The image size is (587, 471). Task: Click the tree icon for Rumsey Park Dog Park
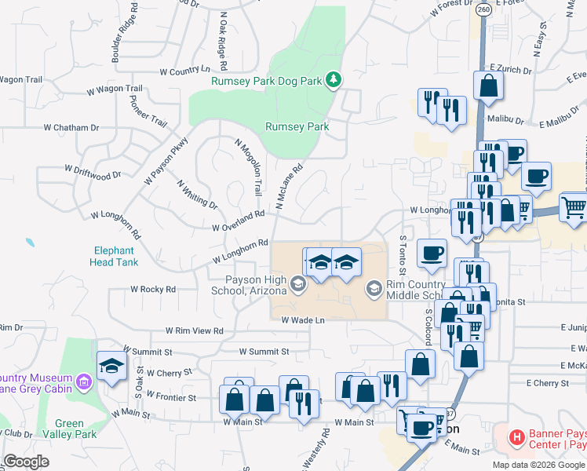tap(334, 79)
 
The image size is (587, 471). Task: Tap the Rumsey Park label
tap(297, 126)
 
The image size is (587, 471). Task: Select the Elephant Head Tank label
tap(115, 257)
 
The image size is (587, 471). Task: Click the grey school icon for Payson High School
tap(298, 283)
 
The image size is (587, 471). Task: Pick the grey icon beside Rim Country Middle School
tap(374, 290)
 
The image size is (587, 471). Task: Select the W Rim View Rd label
tap(194, 331)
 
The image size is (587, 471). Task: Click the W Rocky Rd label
tap(153, 290)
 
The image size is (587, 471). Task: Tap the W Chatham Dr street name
tap(71, 127)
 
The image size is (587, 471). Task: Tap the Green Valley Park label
tap(69, 429)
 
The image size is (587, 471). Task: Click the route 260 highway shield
tap(483, 9)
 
